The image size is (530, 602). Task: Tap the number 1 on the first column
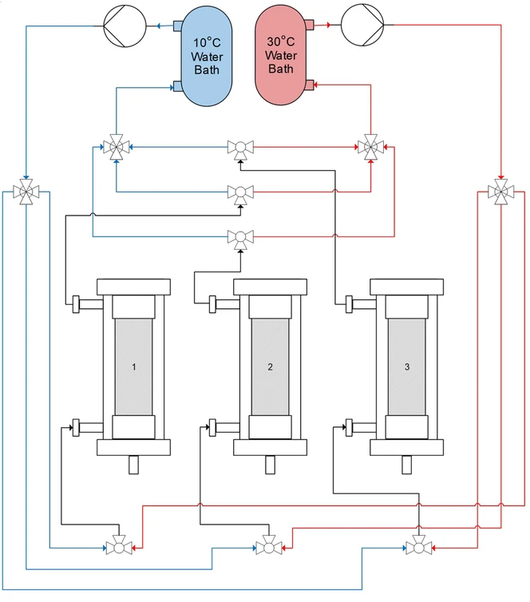coord(135,367)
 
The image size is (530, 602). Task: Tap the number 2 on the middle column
coord(271,367)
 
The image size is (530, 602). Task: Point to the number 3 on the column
coord(407,367)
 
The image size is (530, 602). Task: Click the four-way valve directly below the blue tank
coord(117,147)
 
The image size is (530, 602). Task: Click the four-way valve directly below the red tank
coord(370,147)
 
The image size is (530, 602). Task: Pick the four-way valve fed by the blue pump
coord(26,192)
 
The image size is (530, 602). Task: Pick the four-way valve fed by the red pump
coord(500,192)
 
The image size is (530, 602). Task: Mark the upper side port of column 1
coord(77,304)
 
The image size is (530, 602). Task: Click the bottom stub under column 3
coord(406,464)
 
